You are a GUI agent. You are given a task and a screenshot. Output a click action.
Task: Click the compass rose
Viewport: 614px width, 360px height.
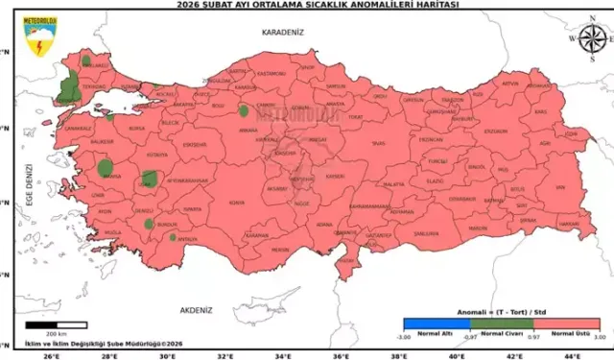(x=588, y=38)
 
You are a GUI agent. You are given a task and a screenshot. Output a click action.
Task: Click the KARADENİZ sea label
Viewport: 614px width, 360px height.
(x=281, y=33)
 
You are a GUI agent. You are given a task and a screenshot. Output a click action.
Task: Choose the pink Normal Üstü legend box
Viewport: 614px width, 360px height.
(x=566, y=324)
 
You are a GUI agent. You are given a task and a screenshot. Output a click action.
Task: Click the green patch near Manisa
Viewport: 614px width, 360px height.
(x=106, y=169)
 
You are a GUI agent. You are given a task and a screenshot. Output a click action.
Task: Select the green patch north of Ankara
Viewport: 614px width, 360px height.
(x=243, y=110)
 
